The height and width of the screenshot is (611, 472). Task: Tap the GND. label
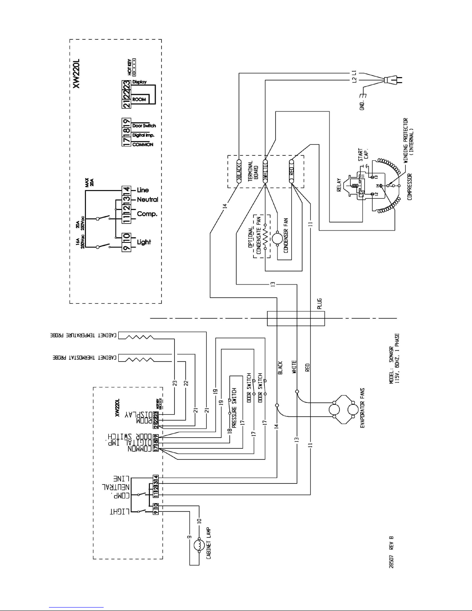pos(362,105)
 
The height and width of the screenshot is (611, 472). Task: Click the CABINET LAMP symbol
pos(199,545)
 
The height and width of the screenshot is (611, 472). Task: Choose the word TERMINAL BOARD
pos(252,172)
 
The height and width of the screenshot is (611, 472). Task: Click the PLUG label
pos(319,305)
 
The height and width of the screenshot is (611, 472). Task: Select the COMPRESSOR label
pos(409,187)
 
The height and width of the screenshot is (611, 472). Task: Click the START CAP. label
pos(363,155)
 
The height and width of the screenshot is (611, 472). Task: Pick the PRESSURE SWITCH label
pos(234,401)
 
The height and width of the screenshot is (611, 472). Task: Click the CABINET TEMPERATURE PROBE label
pos(84,336)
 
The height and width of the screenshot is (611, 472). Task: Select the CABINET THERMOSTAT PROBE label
pos(85,357)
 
